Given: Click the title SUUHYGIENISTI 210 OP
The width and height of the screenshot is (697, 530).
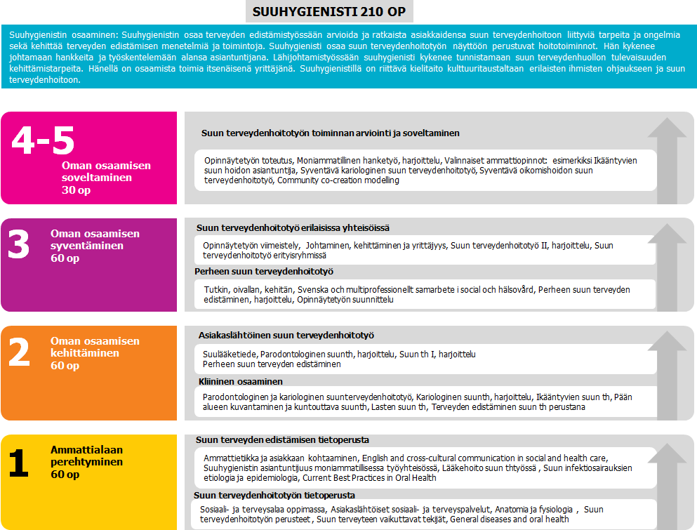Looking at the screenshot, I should coord(329,12).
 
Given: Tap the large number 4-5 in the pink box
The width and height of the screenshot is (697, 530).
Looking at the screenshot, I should coord(43,140).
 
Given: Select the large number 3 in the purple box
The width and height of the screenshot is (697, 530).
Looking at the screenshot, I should coord(19,246).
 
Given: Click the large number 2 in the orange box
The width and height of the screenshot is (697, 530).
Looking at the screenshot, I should coord(19,353).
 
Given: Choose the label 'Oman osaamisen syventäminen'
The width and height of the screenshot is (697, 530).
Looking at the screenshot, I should coord(95,239).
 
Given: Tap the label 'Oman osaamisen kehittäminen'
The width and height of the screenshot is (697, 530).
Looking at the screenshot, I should coord(95,347).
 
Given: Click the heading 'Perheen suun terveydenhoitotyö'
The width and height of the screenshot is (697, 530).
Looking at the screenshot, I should coord(263,271).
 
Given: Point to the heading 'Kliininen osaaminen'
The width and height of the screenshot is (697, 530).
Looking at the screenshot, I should coord(240,381).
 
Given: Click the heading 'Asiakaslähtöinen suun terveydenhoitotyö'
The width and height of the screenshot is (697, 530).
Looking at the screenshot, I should coord(286,336).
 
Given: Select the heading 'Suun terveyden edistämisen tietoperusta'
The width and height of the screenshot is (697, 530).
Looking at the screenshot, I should coord(282,439).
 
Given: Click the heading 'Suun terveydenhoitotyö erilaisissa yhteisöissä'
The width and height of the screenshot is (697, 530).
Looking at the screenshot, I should coord(293,227).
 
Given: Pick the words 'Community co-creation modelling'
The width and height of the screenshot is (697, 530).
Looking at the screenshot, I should coord(338,180).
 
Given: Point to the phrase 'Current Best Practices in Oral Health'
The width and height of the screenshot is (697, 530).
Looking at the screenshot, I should coord(369,478).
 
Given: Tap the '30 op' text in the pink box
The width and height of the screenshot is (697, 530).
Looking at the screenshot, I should coord(76,190).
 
